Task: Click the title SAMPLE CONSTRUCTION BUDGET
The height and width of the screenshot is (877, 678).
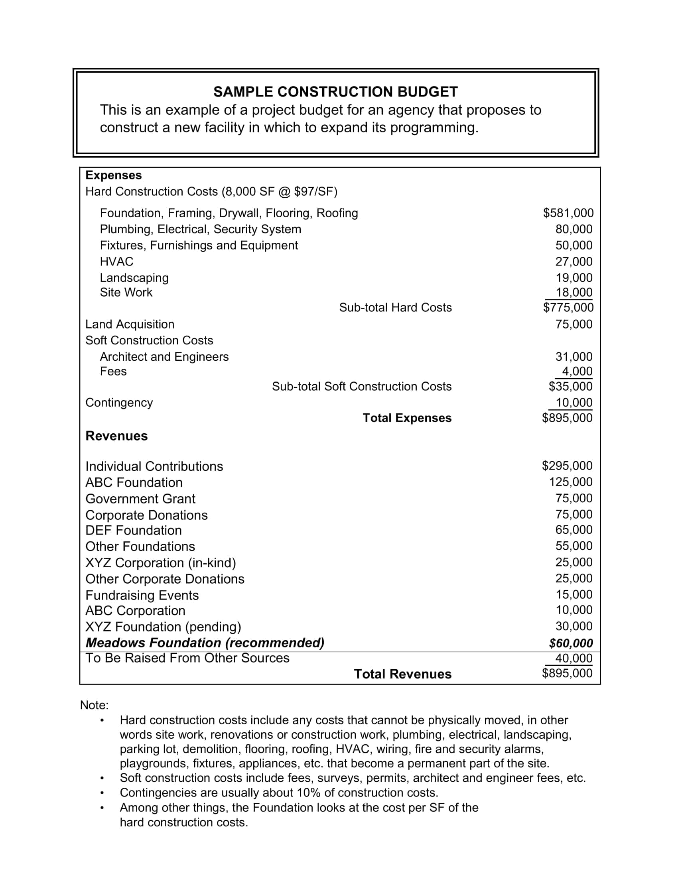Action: point(335,92)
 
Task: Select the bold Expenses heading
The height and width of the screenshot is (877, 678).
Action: point(113,175)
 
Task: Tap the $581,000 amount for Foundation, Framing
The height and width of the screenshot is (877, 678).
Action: point(568,213)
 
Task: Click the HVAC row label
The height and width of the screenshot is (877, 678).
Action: point(116,262)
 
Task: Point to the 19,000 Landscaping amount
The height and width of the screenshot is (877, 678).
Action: point(574,277)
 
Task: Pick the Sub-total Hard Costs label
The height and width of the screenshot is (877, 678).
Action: point(395,307)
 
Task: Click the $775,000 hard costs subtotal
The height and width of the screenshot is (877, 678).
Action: point(568,307)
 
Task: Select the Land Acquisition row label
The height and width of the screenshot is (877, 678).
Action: point(130,324)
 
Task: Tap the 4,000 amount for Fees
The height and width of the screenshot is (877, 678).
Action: point(577,371)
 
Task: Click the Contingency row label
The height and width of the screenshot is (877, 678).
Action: point(119,402)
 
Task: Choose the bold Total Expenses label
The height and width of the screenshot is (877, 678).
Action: point(407,418)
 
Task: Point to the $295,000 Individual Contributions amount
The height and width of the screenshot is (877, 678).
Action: point(567,465)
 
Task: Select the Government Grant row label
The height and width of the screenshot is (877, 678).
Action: point(140,499)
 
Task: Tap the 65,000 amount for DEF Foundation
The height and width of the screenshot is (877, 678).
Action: point(574,530)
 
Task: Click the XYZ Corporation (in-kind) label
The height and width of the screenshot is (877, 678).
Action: point(161,562)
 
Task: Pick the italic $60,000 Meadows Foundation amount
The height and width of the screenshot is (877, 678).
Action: point(571,643)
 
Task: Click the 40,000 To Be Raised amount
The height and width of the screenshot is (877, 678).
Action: point(574,658)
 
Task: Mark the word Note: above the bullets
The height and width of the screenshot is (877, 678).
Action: point(95,705)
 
